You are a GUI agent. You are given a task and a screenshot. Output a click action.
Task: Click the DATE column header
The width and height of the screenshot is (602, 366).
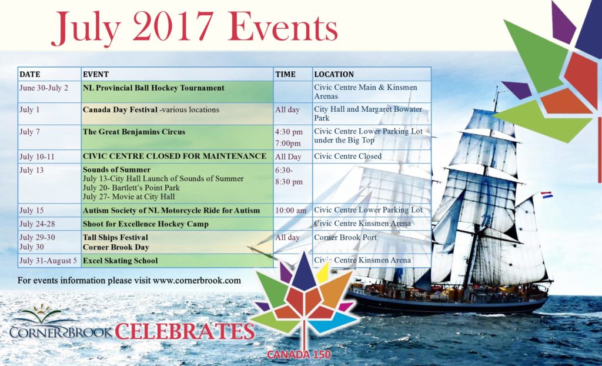pyautogui.click(x=30, y=74)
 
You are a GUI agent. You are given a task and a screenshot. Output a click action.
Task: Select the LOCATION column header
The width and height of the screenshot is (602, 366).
pyautogui.click(x=334, y=74)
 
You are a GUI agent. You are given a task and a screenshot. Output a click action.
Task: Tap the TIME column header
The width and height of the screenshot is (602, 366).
pyautogui.click(x=285, y=74)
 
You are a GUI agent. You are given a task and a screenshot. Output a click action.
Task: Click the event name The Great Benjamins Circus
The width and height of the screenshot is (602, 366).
pyautogui.click(x=134, y=131)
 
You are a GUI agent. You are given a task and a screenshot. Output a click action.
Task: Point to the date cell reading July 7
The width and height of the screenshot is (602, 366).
pyautogui.click(x=29, y=131)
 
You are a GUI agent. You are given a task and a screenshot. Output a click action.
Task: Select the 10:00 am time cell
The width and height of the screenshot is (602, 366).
pyautogui.click(x=290, y=210)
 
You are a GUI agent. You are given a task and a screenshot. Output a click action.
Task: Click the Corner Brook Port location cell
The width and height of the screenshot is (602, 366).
pyautogui.click(x=346, y=237)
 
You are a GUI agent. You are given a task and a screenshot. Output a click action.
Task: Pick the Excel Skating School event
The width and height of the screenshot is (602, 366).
pyautogui.click(x=120, y=260)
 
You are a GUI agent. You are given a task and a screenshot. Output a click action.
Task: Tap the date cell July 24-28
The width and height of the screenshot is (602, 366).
pyautogui.click(x=37, y=224)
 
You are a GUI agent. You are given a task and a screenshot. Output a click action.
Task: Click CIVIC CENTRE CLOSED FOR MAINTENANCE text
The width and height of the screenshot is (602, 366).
pyautogui.click(x=175, y=156)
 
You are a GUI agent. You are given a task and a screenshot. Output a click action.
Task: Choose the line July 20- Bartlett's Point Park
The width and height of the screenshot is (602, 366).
pyautogui.click(x=131, y=188)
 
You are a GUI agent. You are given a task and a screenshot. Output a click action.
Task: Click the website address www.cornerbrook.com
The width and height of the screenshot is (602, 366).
pyautogui.click(x=197, y=280)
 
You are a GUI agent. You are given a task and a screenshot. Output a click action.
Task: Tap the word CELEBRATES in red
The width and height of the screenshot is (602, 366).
pyautogui.click(x=185, y=331)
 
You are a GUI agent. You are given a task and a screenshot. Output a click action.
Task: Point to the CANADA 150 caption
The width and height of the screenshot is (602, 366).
pyautogui.click(x=299, y=354)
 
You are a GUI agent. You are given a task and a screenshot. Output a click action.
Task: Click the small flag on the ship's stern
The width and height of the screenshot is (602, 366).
pyautogui.click(x=547, y=195)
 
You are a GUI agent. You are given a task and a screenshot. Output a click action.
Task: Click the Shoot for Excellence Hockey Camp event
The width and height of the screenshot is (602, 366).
pyautogui.click(x=146, y=224)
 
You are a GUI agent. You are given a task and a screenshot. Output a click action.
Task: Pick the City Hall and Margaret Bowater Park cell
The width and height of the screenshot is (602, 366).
pyautogui.click(x=368, y=114)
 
